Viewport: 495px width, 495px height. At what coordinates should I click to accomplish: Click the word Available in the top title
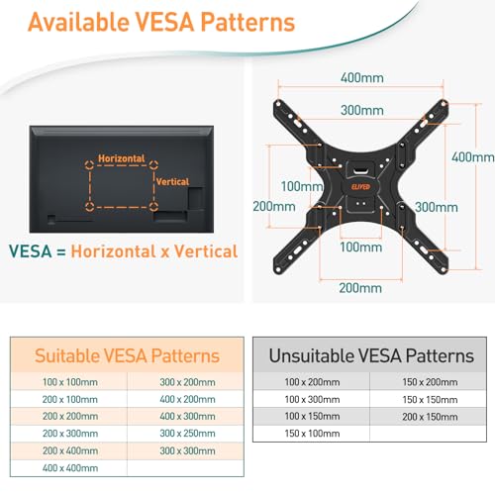78,22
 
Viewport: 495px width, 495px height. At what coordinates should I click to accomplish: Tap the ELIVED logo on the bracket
360,187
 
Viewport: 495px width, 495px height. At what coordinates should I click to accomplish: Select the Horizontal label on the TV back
122,158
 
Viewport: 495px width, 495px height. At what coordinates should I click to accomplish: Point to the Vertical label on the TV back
172,181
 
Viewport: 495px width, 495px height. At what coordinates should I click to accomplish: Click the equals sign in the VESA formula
61,252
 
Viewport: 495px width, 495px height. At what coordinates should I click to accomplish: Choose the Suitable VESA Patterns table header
127,355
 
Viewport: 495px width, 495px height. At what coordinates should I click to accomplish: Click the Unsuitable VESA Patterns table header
371,355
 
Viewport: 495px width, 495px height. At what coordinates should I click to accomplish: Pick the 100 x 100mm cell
70,382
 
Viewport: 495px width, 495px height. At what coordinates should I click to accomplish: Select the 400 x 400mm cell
70,468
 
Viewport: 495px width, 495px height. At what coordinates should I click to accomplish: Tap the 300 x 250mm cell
187,434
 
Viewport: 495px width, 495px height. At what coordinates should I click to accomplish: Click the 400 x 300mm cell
187,416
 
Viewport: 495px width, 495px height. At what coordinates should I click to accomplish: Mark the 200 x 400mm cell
70,450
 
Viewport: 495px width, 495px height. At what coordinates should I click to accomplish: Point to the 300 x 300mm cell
187,450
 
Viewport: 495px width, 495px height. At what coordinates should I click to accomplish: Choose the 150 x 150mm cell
430,400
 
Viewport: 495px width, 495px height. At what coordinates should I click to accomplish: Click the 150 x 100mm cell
312,434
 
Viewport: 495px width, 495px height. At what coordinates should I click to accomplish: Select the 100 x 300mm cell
312,399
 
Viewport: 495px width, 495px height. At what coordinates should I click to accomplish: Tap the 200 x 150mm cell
430,417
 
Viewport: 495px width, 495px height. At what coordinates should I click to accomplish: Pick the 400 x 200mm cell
187,399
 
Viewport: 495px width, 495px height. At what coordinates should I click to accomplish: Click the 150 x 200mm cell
430,382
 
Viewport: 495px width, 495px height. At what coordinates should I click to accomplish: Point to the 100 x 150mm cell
312,416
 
